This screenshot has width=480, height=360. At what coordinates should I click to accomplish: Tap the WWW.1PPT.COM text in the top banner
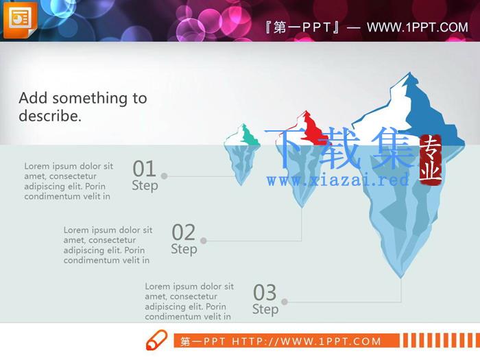[x=417, y=27]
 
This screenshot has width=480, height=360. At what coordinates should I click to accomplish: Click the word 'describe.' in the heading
[x=50, y=116]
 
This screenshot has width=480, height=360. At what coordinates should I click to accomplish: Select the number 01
[x=145, y=169]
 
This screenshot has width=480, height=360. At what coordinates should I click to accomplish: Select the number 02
[x=184, y=232]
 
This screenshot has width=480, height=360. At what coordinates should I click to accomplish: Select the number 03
[x=265, y=292]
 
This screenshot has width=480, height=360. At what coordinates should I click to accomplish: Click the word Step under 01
[x=145, y=186]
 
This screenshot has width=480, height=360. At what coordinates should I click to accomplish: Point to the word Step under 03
[x=265, y=309]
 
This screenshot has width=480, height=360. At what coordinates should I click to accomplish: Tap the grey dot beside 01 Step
[x=164, y=176]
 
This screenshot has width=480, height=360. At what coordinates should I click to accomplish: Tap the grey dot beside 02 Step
[x=203, y=241]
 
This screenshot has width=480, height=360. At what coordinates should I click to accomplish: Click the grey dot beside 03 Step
[x=285, y=302]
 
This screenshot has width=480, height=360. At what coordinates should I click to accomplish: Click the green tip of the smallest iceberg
[x=249, y=136]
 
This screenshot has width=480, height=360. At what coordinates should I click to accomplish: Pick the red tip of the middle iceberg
[x=312, y=129]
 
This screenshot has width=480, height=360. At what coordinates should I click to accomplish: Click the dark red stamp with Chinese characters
[x=431, y=160]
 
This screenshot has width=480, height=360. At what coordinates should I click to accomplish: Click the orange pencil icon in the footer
[x=157, y=339]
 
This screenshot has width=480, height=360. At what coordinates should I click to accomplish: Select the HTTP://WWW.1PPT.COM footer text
[x=306, y=341]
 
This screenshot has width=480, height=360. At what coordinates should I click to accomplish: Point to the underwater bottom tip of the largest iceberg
[x=401, y=277]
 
